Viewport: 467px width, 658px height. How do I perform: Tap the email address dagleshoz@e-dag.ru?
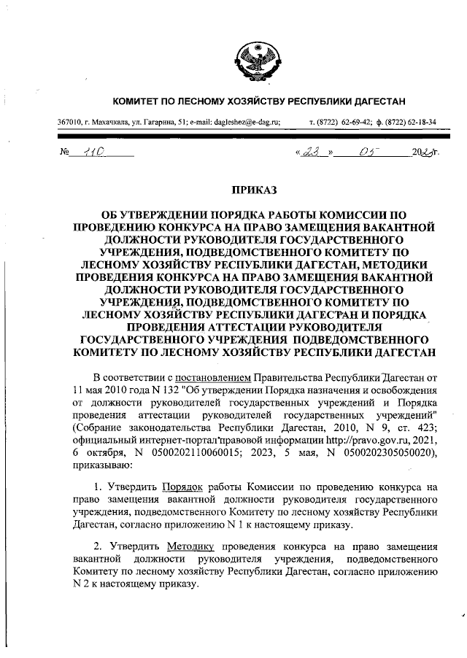coord(238,122)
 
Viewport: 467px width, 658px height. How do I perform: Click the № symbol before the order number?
coord(62,153)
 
